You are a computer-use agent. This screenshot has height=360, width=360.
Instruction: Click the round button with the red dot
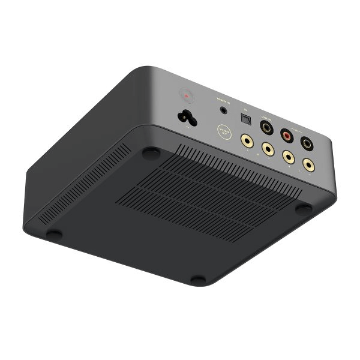[x=186, y=95]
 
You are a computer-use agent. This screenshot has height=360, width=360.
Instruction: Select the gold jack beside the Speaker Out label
[x=246, y=141]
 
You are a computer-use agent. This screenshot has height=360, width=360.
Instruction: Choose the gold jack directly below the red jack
[x=289, y=157]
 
